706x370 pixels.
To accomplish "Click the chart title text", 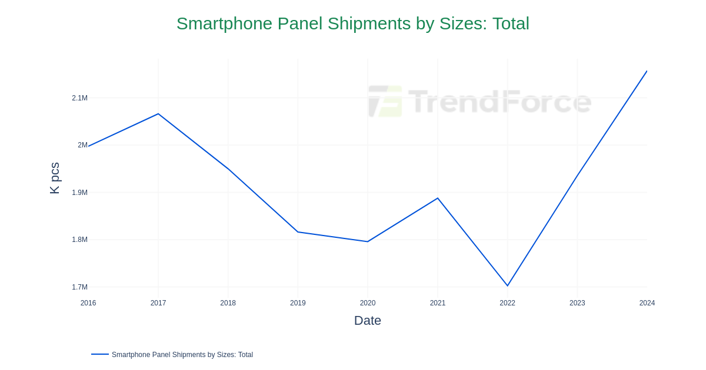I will point(352,23).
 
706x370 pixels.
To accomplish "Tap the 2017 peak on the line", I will point(158,114).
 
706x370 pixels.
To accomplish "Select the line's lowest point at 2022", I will point(507,285).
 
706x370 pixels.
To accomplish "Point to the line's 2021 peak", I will point(438,199).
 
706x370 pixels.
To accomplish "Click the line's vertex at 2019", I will point(298,232).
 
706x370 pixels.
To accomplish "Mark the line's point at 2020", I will point(368,241).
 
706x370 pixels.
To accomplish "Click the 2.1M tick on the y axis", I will point(79,98).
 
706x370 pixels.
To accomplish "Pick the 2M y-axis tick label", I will point(82,145).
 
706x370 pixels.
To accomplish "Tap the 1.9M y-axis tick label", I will point(79,192).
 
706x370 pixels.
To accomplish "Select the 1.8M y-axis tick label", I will point(79,240).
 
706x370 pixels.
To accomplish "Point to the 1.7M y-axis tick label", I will point(79,287).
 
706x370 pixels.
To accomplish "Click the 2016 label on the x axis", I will point(88,303).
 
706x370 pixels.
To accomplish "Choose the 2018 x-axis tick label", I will point(228,303).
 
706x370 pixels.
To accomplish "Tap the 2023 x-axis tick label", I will point(577,303).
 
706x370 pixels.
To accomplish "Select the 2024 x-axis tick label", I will point(647,303).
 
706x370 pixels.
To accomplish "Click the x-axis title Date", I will point(367,321).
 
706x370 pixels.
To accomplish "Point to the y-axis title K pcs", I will point(55,178).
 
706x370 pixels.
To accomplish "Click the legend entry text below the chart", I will point(182,355).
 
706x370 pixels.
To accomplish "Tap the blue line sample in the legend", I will point(100,354).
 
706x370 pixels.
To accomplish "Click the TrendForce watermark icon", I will point(385,101).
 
